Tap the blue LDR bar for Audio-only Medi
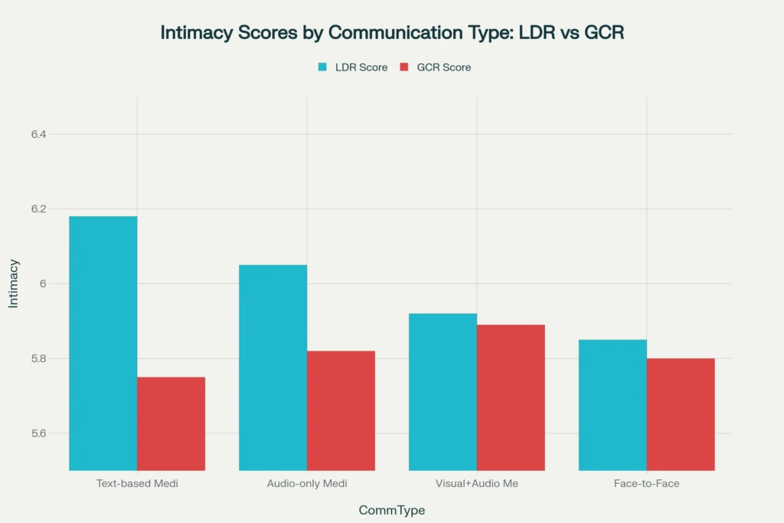(273, 368)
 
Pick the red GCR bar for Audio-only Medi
(341, 410)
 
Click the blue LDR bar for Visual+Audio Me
(443, 391)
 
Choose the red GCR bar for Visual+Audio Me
(511, 397)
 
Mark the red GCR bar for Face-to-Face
(681, 414)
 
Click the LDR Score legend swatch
(323, 67)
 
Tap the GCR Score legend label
(444, 67)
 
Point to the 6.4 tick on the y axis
(39, 135)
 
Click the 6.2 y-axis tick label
(39, 209)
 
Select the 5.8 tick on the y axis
(39, 359)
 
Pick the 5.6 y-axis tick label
(39, 433)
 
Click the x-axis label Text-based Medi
(137, 484)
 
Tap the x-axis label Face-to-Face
(647, 484)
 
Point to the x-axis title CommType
(391, 510)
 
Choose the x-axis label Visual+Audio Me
(477, 484)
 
